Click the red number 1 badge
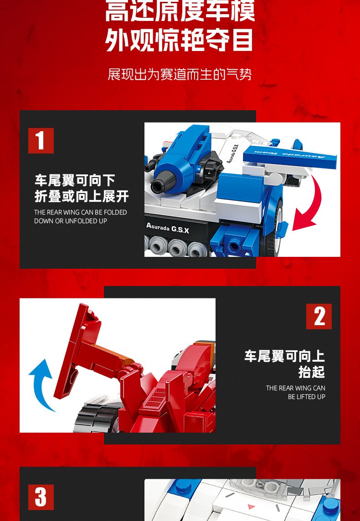(41, 141)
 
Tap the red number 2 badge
(319, 317)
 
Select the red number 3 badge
(41, 497)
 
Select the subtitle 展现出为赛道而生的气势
(180, 74)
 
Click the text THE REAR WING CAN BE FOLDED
(81, 212)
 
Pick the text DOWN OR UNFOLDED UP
(71, 221)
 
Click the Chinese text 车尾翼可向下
(75, 181)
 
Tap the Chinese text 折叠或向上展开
(82, 196)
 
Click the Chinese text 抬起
(311, 372)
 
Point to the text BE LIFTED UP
(307, 397)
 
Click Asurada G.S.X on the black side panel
(168, 228)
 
